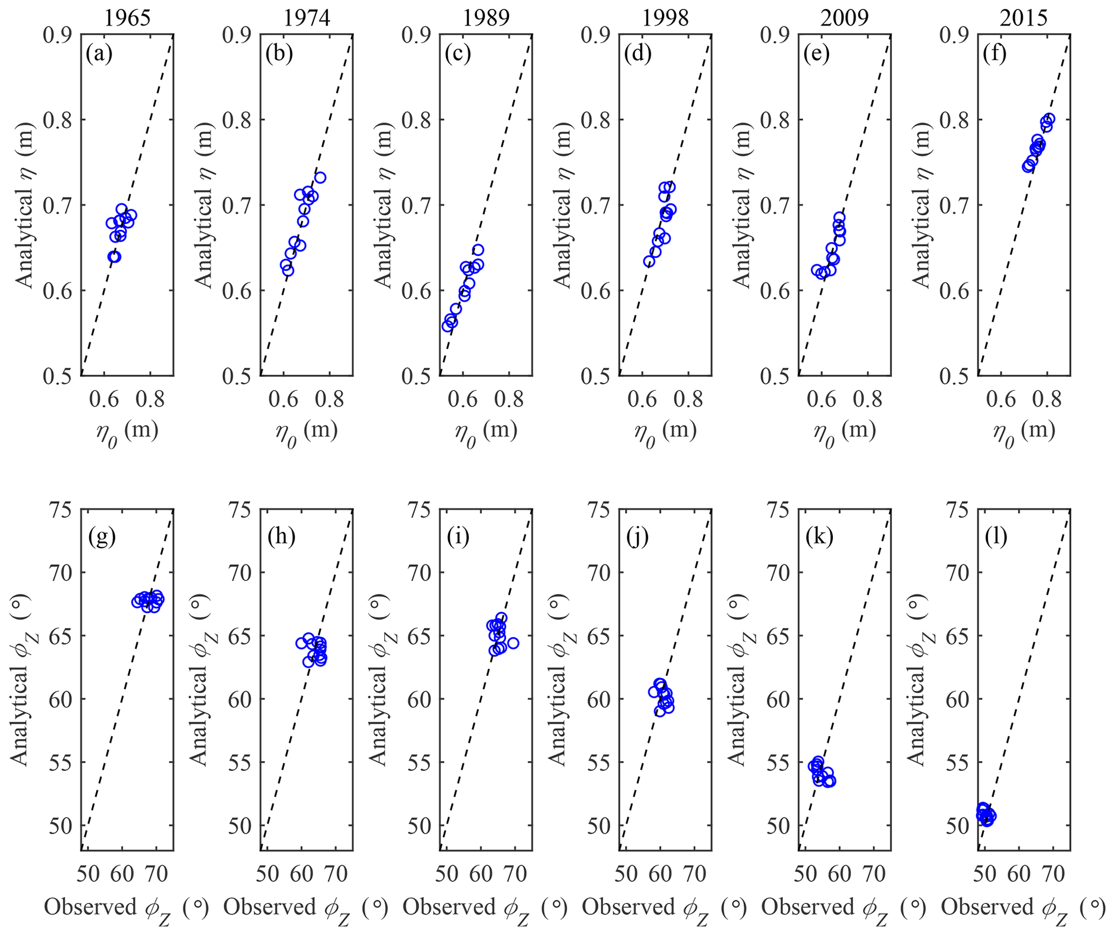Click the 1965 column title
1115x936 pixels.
pos(127,18)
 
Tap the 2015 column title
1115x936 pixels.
pos(1024,18)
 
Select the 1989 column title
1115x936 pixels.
pos(487,18)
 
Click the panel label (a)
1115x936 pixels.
pos(99,55)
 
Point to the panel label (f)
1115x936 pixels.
pos(996,55)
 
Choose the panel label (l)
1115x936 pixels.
pos(996,537)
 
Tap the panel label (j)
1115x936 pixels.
pos(637,537)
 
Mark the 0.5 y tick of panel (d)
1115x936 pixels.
pos(596,376)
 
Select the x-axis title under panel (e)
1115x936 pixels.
pos(845,432)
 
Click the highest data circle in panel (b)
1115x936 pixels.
pos(320,177)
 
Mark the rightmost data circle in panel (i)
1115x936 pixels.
pos(513,643)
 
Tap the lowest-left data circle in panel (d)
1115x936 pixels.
pos(649,261)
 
